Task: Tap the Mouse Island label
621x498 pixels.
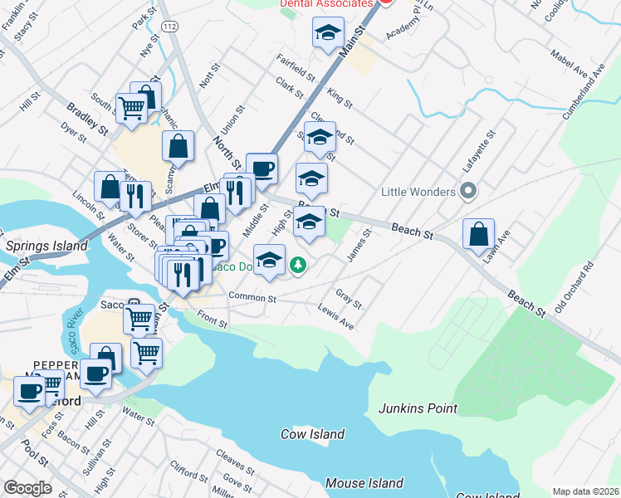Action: click(364, 482)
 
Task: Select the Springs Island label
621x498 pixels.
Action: click(46, 246)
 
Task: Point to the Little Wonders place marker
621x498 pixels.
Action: click(468, 192)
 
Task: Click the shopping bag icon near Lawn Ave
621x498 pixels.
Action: click(479, 235)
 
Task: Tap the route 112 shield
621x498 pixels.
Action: click(170, 27)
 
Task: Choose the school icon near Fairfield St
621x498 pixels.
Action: click(328, 34)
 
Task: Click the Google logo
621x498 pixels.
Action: click(27, 488)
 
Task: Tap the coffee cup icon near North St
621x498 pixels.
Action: click(262, 168)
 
